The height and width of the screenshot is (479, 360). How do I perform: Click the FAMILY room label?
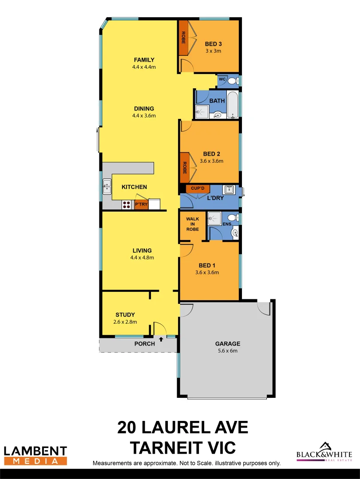point(144,60)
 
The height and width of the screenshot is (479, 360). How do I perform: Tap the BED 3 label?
point(213,44)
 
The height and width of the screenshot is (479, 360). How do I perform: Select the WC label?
point(222,79)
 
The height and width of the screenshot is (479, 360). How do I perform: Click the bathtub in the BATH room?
point(233,104)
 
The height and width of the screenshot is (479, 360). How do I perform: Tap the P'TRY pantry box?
point(141,204)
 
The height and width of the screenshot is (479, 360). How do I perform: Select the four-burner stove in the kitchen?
point(127,204)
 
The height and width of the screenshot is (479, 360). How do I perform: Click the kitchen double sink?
point(107,187)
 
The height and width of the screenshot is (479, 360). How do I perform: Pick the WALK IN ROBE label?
point(192,224)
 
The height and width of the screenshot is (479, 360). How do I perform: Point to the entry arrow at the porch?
point(161,339)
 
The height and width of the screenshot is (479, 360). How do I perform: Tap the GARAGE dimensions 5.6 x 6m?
point(228,351)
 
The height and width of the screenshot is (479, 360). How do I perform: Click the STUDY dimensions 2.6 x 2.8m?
point(125,322)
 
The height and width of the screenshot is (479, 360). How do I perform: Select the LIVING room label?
point(142,251)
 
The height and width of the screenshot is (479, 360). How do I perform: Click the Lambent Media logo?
point(36,455)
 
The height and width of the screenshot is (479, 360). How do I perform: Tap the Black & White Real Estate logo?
point(324,452)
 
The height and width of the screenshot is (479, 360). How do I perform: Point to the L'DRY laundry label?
point(215,198)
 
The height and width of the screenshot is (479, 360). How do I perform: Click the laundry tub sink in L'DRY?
point(229,190)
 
